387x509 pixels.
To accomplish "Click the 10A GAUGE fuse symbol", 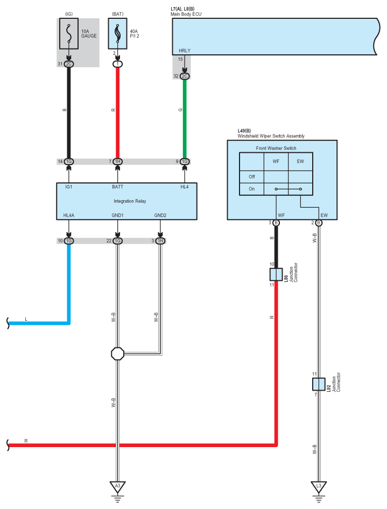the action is point(68,34).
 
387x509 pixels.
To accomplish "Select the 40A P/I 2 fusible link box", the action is point(117,33).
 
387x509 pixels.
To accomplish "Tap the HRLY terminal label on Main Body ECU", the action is point(185,51).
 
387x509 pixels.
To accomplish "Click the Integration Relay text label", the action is point(130,201).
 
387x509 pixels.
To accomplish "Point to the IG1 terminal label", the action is point(69,187).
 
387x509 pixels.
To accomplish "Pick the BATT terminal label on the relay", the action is point(117,187).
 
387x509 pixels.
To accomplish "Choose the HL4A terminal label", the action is point(69,215).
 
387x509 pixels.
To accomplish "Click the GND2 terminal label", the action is point(160,215).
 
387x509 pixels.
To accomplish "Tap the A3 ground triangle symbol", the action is point(117,486).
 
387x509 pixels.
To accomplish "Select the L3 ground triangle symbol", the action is point(319,486).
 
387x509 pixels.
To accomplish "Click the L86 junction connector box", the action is point(276,274).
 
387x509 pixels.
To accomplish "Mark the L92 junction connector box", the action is point(319,384).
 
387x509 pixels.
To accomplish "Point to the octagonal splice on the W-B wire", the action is point(117,354).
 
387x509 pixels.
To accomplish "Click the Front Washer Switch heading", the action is point(276,149).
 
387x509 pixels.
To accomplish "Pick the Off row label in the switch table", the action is point(251,177).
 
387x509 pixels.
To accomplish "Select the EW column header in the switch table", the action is point(300,161).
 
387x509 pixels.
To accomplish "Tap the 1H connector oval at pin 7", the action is point(117,161).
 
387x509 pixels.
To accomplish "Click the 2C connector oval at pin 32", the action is point(185,76).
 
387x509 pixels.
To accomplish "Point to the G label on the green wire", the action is point(180,110).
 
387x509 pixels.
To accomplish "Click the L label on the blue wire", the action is point(26,319).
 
